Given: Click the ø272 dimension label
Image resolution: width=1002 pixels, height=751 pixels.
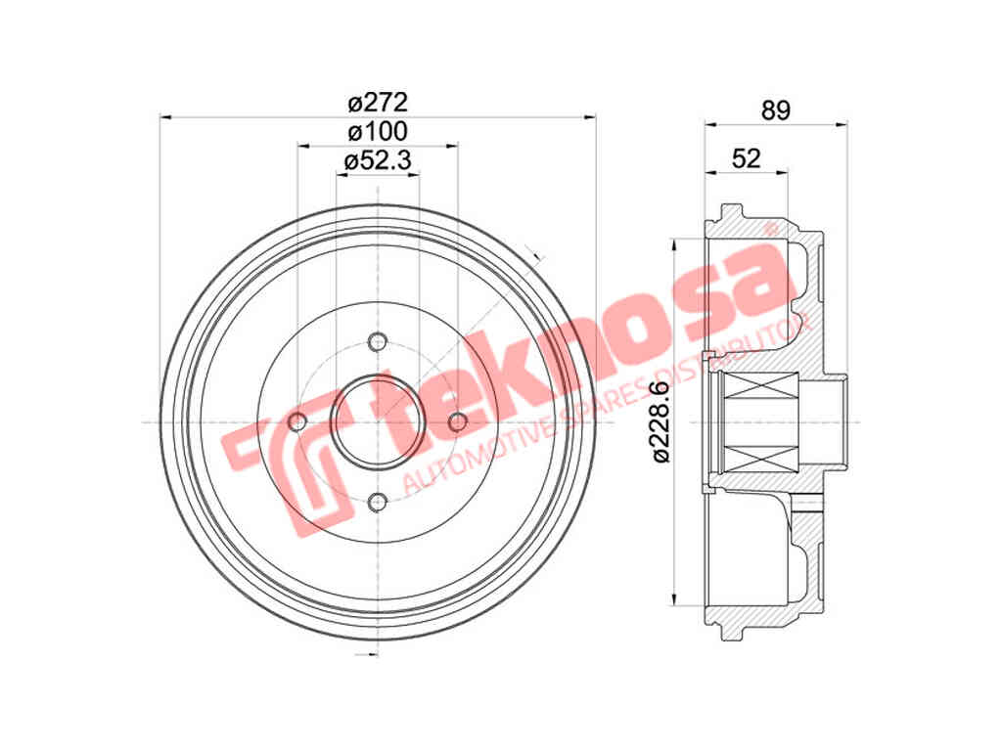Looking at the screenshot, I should tap(377, 102).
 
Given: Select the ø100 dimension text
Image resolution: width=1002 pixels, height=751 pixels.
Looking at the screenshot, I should tap(377, 131).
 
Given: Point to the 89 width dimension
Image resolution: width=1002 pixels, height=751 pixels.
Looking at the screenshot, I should tap(775, 110).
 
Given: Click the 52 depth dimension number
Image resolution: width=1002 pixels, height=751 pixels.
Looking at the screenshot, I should tap(746, 158).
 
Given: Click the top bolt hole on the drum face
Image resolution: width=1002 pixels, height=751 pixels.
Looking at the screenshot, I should tap(378, 341).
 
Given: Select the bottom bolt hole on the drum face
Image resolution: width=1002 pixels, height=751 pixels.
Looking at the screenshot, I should tap(378, 503).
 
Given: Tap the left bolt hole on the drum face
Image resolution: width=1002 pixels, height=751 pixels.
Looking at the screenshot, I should tap(297, 421).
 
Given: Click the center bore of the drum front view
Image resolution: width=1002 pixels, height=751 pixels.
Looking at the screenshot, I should tap(378, 421).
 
